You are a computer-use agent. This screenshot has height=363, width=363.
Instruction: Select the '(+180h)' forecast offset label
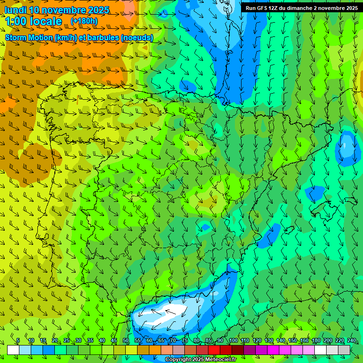pos(84,21)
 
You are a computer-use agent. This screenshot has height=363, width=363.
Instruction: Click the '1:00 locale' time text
pos(34,21)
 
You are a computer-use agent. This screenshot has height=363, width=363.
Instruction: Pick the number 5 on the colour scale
pos(18,341)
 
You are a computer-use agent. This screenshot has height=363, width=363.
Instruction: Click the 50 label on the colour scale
pos(126,341)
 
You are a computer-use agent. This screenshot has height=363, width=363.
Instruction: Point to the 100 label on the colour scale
pos(233,341)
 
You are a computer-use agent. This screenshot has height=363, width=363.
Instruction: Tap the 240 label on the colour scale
pos(352,341)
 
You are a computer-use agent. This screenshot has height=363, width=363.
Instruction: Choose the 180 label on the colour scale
pos(316,341)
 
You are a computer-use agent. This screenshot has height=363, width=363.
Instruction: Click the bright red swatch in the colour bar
pos(214,350)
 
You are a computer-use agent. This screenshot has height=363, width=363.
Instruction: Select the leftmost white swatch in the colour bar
pos(13,350)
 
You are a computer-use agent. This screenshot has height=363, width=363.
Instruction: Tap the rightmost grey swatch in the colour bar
pos(344,350)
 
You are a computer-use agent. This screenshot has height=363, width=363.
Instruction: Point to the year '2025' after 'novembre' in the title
pos(96,10)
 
